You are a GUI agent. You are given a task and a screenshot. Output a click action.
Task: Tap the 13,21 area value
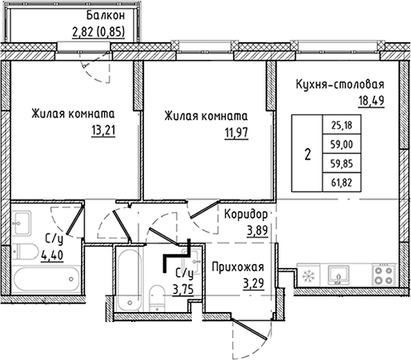pyautogui.click(x=103, y=131)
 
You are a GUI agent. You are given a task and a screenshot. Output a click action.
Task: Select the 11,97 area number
pyautogui.click(x=237, y=133)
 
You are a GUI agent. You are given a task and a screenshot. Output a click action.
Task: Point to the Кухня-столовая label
pyautogui.click(x=340, y=84)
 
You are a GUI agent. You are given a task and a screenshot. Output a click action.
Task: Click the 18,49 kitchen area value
pyautogui.click(x=371, y=101)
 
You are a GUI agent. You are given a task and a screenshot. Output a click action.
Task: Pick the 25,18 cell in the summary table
pyautogui.click(x=342, y=125)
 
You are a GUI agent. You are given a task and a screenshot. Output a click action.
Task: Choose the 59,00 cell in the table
pyautogui.click(x=342, y=144)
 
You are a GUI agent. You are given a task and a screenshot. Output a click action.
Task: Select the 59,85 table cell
pyautogui.click(x=342, y=163)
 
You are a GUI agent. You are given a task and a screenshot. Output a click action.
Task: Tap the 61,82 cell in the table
pyautogui.click(x=342, y=182)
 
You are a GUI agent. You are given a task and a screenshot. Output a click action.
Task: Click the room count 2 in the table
pyautogui.click(x=308, y=154)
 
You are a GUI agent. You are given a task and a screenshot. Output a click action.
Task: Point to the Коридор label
pyautogui.click(x=246, y=214)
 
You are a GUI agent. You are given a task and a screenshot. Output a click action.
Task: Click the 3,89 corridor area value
pyautogui.click(x=257, y=231)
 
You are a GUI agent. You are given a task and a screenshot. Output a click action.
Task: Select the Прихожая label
pyautogui.click(x=238, y=266)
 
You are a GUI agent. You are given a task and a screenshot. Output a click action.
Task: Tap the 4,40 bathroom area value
pyautogui.click(x=52, y=255)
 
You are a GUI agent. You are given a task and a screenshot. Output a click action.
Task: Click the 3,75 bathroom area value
pyautogui.click(x=183, y=290)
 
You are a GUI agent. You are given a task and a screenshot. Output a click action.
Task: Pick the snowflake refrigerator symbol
pyautogui.click(x=308, y=276)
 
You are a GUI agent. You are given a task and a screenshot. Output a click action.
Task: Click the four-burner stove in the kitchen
pyautogui.click(x=384, y=275)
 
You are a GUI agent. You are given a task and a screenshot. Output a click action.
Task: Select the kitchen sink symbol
pyautogui.click(x=338, y=275)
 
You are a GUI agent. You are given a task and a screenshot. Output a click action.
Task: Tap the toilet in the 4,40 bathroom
pyautogui.click(x=26, y=252)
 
